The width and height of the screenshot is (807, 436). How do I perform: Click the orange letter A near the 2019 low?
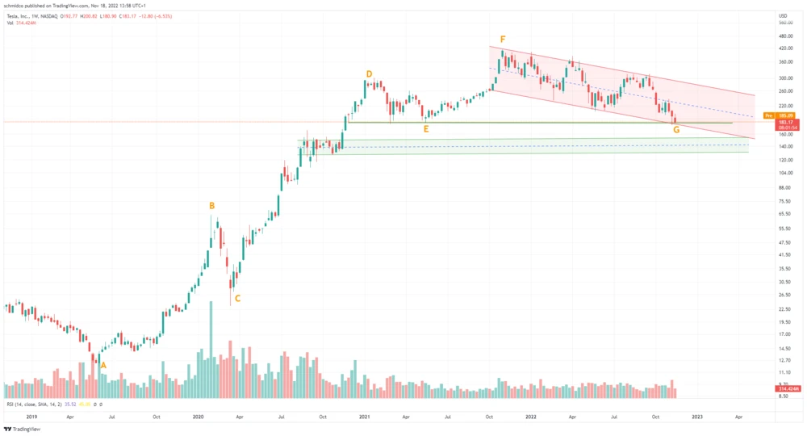103,365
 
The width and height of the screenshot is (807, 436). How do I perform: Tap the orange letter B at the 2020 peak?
212,206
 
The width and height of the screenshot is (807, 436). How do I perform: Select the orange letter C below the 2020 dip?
237,298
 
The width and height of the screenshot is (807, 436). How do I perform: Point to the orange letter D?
370,74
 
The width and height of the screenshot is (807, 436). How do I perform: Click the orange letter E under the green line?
426,128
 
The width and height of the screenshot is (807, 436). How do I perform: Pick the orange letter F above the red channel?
503,40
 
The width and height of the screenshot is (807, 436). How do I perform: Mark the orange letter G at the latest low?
676,130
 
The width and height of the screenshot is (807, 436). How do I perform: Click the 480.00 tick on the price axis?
783,36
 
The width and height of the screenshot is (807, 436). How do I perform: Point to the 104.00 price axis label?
783,173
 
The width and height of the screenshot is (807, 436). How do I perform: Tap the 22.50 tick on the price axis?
783,309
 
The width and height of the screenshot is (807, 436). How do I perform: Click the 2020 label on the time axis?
199,417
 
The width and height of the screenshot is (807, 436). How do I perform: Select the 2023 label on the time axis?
696,417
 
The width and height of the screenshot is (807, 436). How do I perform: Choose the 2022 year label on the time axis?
531,417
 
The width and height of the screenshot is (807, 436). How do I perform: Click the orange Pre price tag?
770,116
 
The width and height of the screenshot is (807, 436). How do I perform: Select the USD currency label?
782,16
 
